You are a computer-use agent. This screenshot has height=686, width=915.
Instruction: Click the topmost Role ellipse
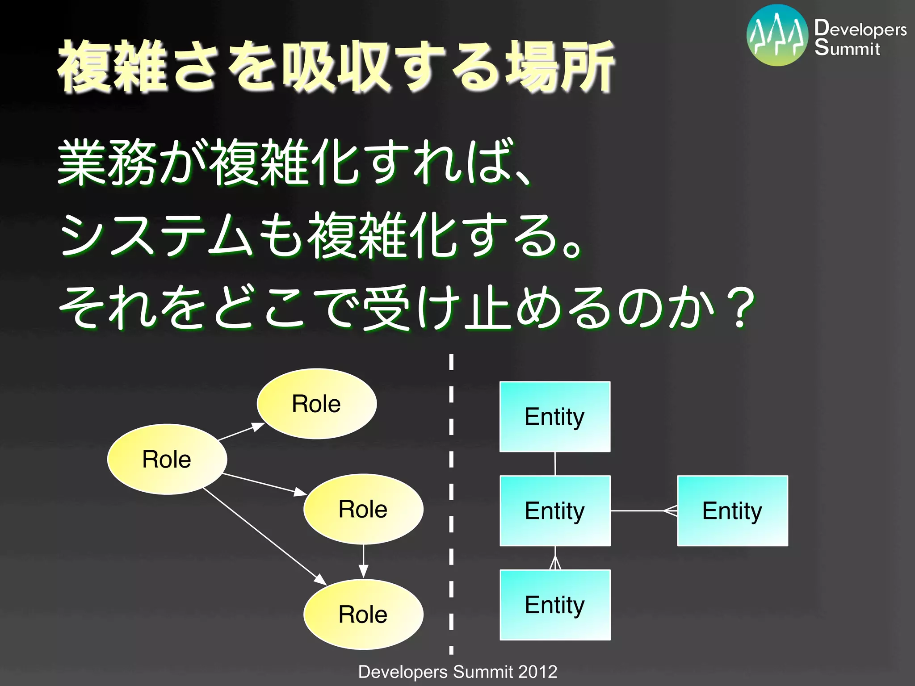pos(316,404)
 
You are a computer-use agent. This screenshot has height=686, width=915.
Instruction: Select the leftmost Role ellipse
pos(167,459)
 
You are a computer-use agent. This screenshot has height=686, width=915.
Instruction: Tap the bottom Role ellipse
pos(363,614)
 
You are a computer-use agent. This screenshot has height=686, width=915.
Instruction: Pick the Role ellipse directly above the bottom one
pos(363,509)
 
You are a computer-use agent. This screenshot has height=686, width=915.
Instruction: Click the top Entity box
pos(554,417)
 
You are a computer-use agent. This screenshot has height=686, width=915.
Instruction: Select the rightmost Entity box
pos(732,510)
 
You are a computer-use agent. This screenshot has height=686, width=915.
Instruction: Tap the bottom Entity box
pos(554,605)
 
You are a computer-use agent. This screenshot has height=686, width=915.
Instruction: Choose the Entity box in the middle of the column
pos(554,510)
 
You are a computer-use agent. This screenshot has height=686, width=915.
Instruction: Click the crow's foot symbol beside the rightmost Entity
pos(671,510)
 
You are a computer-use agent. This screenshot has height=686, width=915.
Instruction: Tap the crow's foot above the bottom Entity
pos(555,563)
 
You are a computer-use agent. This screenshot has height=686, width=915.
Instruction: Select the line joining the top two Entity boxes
pos(555,464)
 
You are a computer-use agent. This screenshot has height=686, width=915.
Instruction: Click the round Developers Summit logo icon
pos(777,35)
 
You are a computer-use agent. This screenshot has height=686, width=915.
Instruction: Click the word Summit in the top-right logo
pos(847,48)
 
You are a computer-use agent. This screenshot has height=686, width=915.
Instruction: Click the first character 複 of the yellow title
pos(84,67)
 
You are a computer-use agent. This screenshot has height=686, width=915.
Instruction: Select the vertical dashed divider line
pos(451,505)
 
